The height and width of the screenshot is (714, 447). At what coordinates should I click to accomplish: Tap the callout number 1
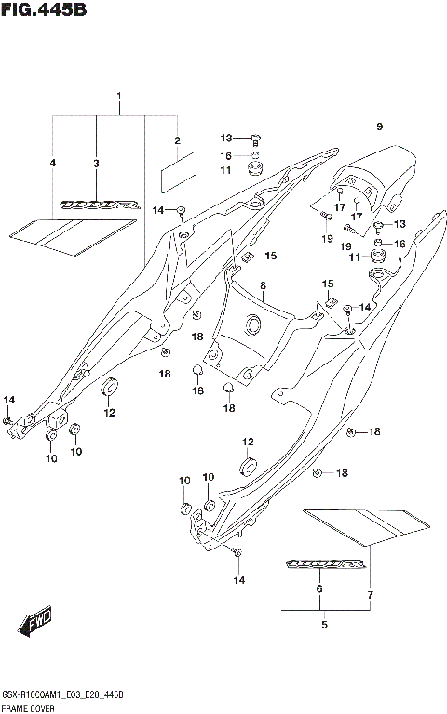coord(119,98)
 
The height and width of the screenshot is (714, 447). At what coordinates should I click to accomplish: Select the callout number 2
coord(176,141)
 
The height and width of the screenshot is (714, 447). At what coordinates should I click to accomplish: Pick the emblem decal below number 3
coord(96,203)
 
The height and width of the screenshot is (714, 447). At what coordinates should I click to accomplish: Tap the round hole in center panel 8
coord(251,324)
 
